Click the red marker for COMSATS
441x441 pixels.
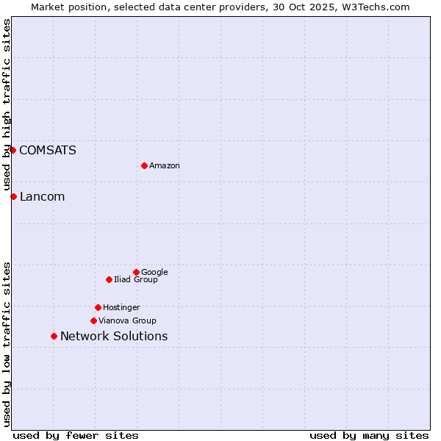click(12, 150)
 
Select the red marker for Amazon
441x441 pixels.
click(144, 165)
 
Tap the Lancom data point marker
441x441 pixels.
click(13, 196)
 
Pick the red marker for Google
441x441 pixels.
click(136, 272)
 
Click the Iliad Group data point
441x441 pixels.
click(109, 279)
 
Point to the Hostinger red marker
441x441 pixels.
click(98, 307)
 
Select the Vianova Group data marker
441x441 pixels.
click(93, 320)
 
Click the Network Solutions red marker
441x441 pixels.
click(54, 336)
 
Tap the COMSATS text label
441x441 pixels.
click(47, 151)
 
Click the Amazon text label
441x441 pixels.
click(165, 166)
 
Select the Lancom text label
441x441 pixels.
click(42, 197)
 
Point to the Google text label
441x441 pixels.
click(154, 273)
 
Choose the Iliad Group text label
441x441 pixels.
click(136, 280)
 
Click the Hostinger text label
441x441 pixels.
click(121, 308)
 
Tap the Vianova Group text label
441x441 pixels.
click(127, 321)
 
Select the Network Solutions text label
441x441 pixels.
click(114, 337)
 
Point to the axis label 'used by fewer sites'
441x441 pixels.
click(76, 436)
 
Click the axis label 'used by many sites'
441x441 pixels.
click(369, 436)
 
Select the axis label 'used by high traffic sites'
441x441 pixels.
click(7, 105)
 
